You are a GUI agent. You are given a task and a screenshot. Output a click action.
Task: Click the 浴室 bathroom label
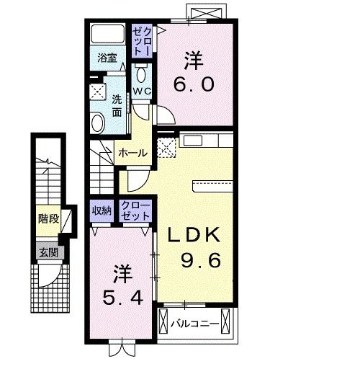107,59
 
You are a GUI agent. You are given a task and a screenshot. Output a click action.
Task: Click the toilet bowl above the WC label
140,75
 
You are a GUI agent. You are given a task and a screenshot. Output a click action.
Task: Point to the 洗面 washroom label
117,107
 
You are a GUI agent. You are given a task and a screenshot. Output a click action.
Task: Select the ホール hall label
133,153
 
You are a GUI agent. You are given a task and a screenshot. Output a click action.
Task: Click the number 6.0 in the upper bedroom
193,84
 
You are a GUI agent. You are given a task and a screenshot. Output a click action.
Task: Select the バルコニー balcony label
195,324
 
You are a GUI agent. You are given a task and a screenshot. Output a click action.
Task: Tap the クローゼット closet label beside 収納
135,210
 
